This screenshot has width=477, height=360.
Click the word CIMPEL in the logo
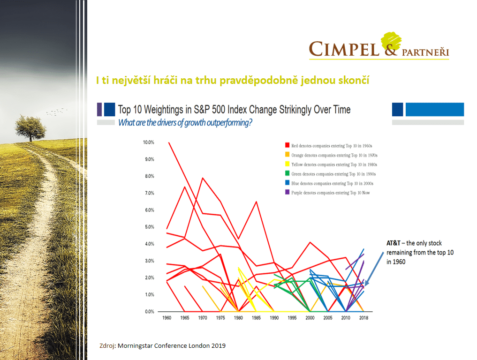click(x=344, y=48)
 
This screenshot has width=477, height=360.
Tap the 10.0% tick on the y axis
click(x=148, y=142)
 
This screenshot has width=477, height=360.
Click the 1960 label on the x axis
click(x=167, y=318)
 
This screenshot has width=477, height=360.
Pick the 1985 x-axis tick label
click(x=256, y=318)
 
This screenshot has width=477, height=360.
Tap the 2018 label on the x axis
click(x=363, y=318)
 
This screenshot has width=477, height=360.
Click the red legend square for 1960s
click(x=286, y=146)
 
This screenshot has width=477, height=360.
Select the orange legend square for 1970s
click(x=286, y=155)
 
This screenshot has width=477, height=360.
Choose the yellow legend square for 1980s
click(x=286, y=165)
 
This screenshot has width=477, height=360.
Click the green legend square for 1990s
click(x=286, y=174)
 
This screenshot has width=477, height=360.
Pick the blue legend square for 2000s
click(x=286, y=183)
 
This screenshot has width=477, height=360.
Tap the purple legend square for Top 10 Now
click(x=286, y=193)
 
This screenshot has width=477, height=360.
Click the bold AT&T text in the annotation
click(x=394, y=243)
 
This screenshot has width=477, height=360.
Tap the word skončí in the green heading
click(x=354, y=81)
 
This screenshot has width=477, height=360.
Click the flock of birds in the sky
click(x=56, y=112)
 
